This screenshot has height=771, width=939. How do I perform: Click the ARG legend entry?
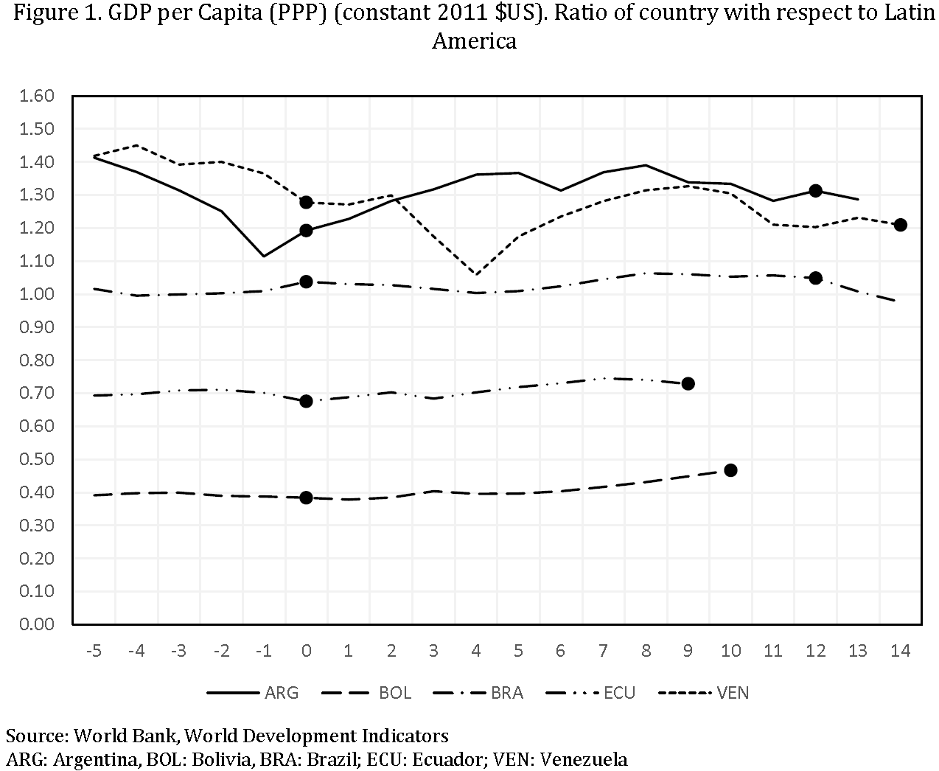[x=253, y=693]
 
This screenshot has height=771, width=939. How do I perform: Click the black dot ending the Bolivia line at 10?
[x=730, y=470]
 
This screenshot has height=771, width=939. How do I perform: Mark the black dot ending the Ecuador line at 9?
[x=688, y=383]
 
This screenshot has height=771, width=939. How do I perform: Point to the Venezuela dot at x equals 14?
[x=900, y=225]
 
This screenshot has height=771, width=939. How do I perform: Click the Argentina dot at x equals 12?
[x=815, y=190]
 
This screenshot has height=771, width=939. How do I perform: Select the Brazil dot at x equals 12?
[x=815, y=278]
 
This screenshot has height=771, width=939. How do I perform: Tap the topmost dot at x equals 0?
[x=307, y=202]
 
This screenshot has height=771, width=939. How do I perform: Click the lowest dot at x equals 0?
[x=307, y=498]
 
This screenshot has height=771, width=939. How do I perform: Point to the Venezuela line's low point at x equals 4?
[x=476, y=274]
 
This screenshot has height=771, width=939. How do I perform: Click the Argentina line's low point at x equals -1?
[x=264, y=256]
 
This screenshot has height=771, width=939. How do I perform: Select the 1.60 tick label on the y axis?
[x=38, y=96]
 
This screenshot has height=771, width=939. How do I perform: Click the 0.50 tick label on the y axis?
[x=38, y=459]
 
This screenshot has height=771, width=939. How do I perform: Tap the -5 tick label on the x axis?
[x=94, y=651]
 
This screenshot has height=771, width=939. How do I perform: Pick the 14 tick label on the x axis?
[x=900, y=651]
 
